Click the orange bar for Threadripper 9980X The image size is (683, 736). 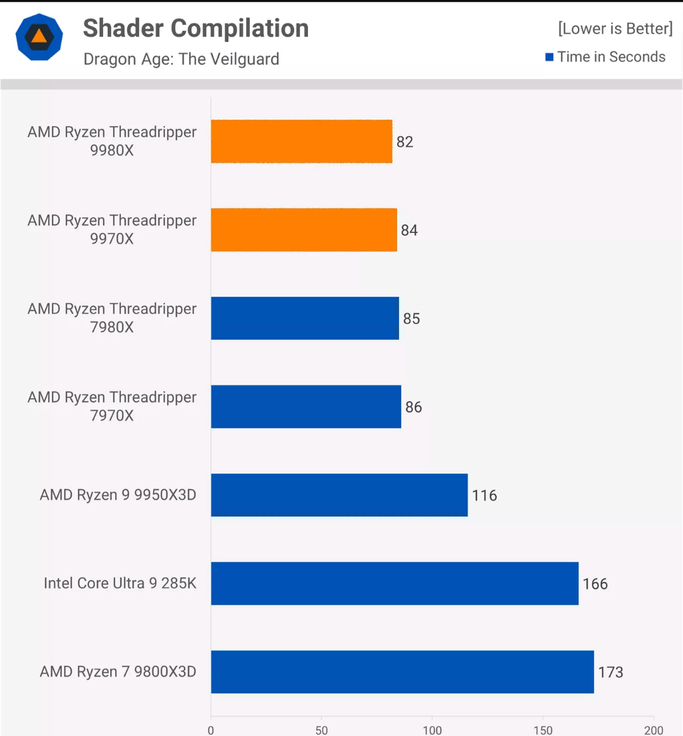pos(302,141)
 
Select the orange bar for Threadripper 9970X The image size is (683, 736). pos(304,230)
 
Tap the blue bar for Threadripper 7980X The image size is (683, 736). pos(305,318)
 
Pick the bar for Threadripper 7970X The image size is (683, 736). pos(306,406)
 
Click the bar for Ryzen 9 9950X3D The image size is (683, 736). pos(340,495)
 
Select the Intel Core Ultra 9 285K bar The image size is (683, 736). pos(395,583)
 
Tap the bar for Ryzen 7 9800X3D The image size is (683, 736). pos(402,671)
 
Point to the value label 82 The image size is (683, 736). pos(405,142)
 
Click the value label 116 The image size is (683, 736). pos(484,496)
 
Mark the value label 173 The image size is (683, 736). pos(611,672)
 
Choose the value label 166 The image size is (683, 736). pos(595,583)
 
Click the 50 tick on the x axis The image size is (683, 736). pos(322,730)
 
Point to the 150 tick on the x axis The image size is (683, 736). pos(543,730)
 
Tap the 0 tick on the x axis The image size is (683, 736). pos(211,730)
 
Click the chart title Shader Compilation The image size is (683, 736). pos(196,28)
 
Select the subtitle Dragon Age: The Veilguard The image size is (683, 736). pos(182,59)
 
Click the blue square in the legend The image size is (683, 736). pos(550,57)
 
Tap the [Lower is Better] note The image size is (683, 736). pos(615,28)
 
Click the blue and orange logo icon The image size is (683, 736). pos(39,37)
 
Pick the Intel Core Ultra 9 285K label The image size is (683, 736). pos(120,583)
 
